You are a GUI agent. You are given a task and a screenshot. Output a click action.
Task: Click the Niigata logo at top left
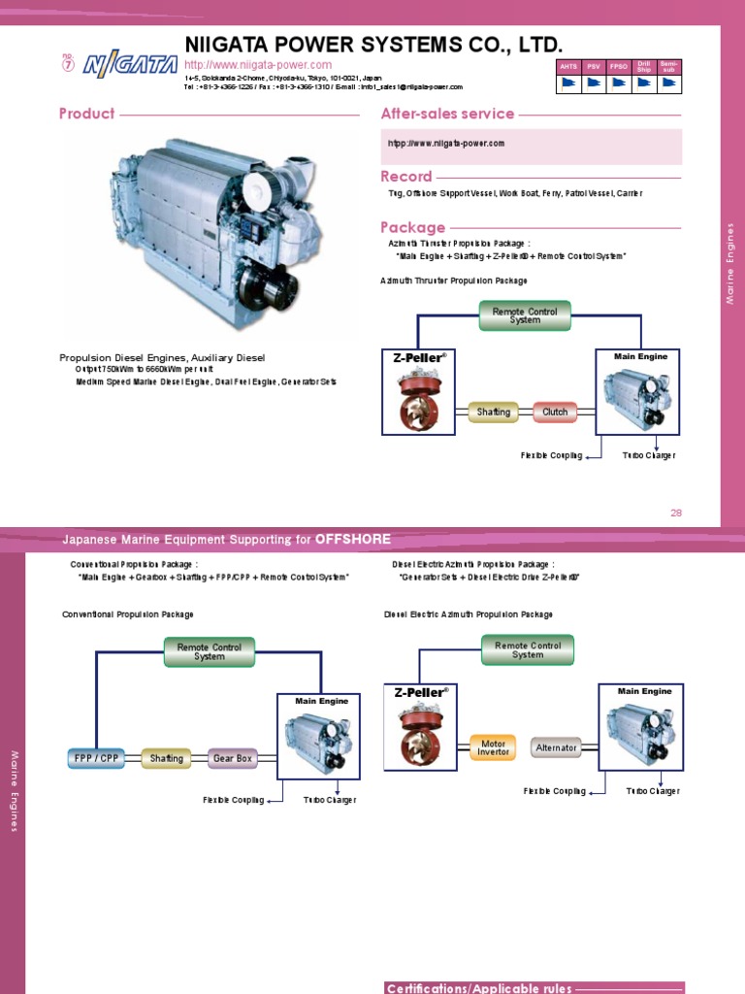click(x=123, y=66)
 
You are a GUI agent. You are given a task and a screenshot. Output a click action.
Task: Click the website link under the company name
click(x=257, y=64)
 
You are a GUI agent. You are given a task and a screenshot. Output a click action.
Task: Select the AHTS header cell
click(x=567, y=65)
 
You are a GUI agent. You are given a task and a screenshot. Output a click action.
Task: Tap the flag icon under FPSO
click(x=618, y=83)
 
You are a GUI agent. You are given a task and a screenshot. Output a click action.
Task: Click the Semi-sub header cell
click(x=668, y=65)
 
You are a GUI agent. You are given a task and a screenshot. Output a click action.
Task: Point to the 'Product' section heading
click(x=87, y=114)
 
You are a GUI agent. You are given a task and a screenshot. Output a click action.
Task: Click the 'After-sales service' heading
click(x=447, y=114)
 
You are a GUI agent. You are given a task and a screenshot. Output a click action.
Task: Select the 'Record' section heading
click(x=406, y=177)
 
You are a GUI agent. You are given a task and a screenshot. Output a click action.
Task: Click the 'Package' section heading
click(x=413, y=227)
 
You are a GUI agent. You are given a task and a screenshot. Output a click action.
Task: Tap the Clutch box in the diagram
click(x=555, y=412)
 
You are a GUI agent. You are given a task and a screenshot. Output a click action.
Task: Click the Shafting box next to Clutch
click(x=494, y=412)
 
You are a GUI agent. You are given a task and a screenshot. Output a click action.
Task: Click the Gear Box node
click(x=233, y=758)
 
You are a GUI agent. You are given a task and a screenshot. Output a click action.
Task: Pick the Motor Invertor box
click(x=494, y=747)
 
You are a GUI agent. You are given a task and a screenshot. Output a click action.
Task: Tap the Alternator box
click(x=557, y=747)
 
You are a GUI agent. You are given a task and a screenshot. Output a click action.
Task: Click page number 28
click(x=677, y=512)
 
